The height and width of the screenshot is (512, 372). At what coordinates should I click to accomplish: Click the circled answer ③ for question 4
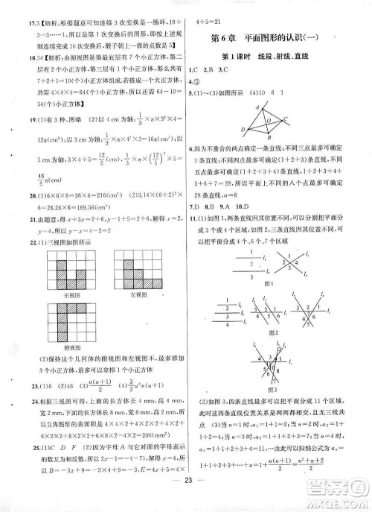click(200, 82)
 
